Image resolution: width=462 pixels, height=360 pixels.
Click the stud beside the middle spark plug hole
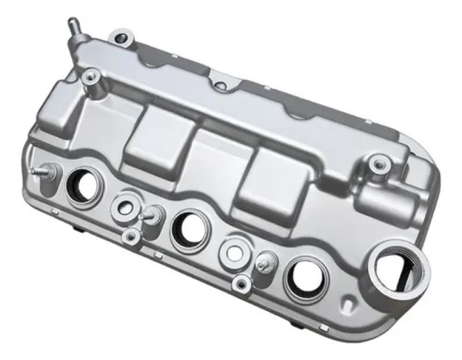coord(149,215)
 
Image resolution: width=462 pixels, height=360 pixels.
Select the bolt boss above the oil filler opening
coord(378,164)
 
